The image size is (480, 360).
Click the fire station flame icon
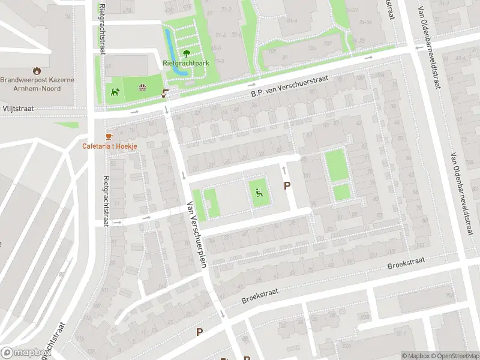coord(37,70)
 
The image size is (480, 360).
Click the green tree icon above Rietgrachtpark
coord(186,53)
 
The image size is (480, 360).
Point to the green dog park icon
coord(114,92)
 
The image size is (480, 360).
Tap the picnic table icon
coord(143,88)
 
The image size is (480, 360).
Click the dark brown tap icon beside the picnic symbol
coord(165,94)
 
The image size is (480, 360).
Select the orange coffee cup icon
coord(109,136)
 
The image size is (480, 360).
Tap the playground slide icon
coord(259,193)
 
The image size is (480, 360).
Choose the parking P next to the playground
coord(287,187)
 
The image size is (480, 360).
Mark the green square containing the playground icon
coord(259,193)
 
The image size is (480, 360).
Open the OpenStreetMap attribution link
coord(455,356)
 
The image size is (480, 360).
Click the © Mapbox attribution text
coord(416,356)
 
